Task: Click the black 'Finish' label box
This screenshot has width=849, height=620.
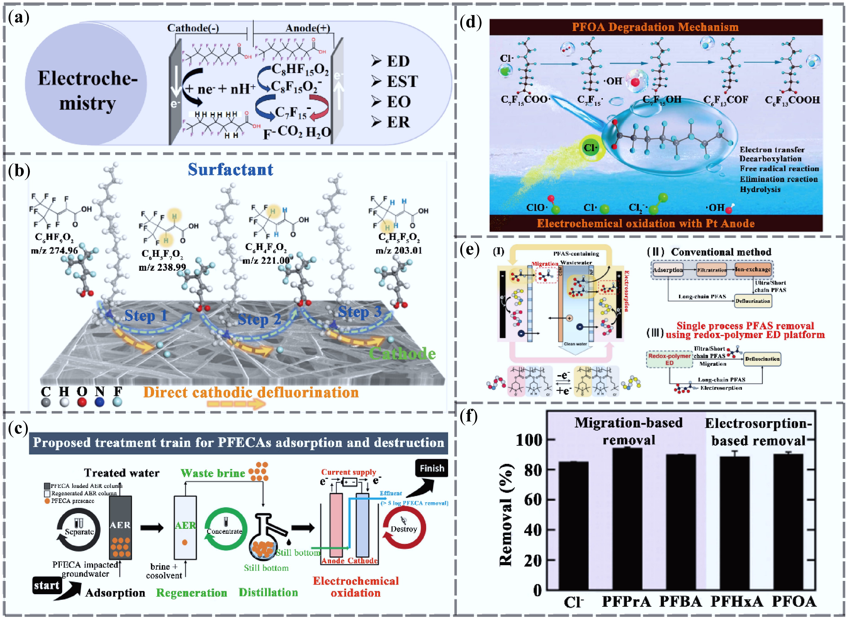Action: [431, 468]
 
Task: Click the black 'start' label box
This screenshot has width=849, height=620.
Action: [46, 585]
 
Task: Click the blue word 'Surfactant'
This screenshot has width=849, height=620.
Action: [230, 170]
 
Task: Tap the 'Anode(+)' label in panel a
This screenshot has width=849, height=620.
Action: [308, 28]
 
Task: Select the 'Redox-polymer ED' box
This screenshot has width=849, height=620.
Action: [669, 359]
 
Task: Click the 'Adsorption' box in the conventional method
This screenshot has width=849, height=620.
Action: [668, 270]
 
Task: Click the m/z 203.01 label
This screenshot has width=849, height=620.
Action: [399, 250]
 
